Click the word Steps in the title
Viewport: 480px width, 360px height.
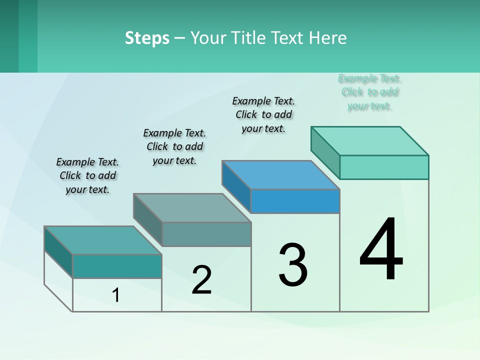147,38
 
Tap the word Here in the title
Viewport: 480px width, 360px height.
327,38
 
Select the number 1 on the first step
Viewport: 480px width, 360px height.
116,295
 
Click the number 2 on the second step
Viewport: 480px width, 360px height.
201,280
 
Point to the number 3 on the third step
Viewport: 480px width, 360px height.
293,265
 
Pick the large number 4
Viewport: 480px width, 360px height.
381,249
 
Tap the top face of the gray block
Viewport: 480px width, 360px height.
192,208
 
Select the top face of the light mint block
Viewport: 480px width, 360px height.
370,141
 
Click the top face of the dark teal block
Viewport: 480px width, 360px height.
103,240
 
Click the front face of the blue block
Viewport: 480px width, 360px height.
295,201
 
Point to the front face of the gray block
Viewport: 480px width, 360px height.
206,234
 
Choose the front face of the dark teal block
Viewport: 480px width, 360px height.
117,266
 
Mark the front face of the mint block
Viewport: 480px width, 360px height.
384,167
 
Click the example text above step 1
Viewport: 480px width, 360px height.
87,175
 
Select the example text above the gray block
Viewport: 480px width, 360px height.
174,146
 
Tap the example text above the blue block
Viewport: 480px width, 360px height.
263,114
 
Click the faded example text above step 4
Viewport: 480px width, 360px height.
369,92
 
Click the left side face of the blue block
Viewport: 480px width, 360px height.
236,186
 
